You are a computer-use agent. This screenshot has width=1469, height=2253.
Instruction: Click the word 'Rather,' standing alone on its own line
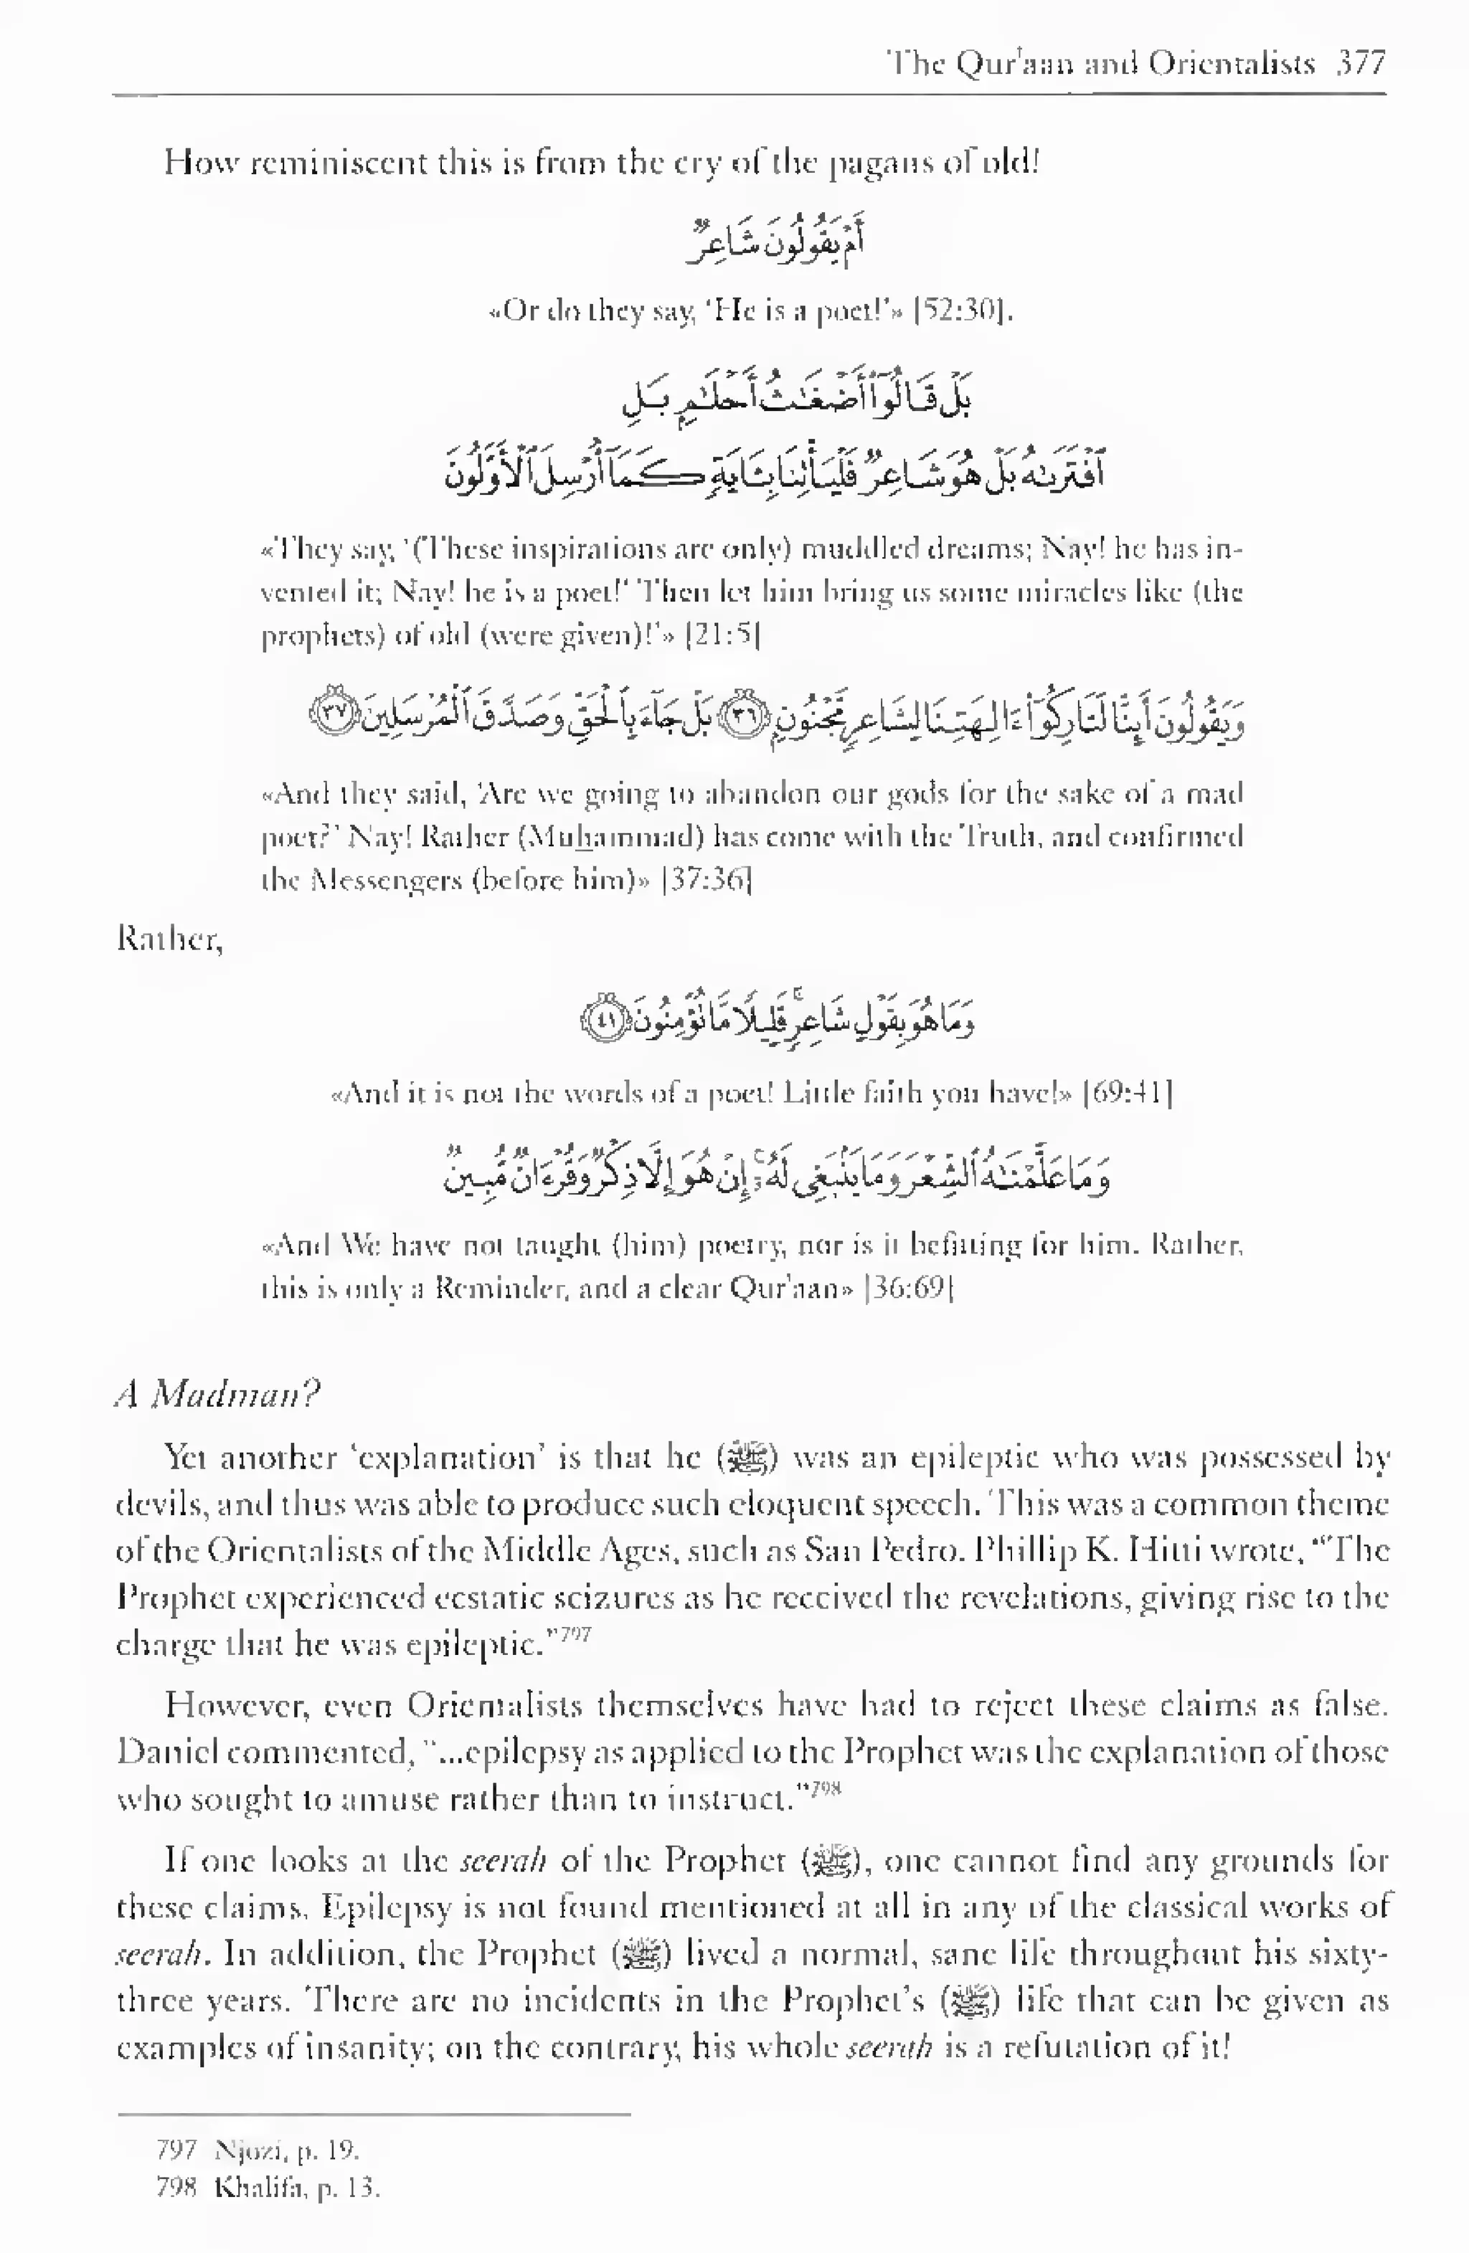pyautogui.click(x=169, y=939)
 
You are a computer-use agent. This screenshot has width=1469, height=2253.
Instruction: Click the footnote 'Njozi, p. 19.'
pyautogui.click(x=287, y=2150)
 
